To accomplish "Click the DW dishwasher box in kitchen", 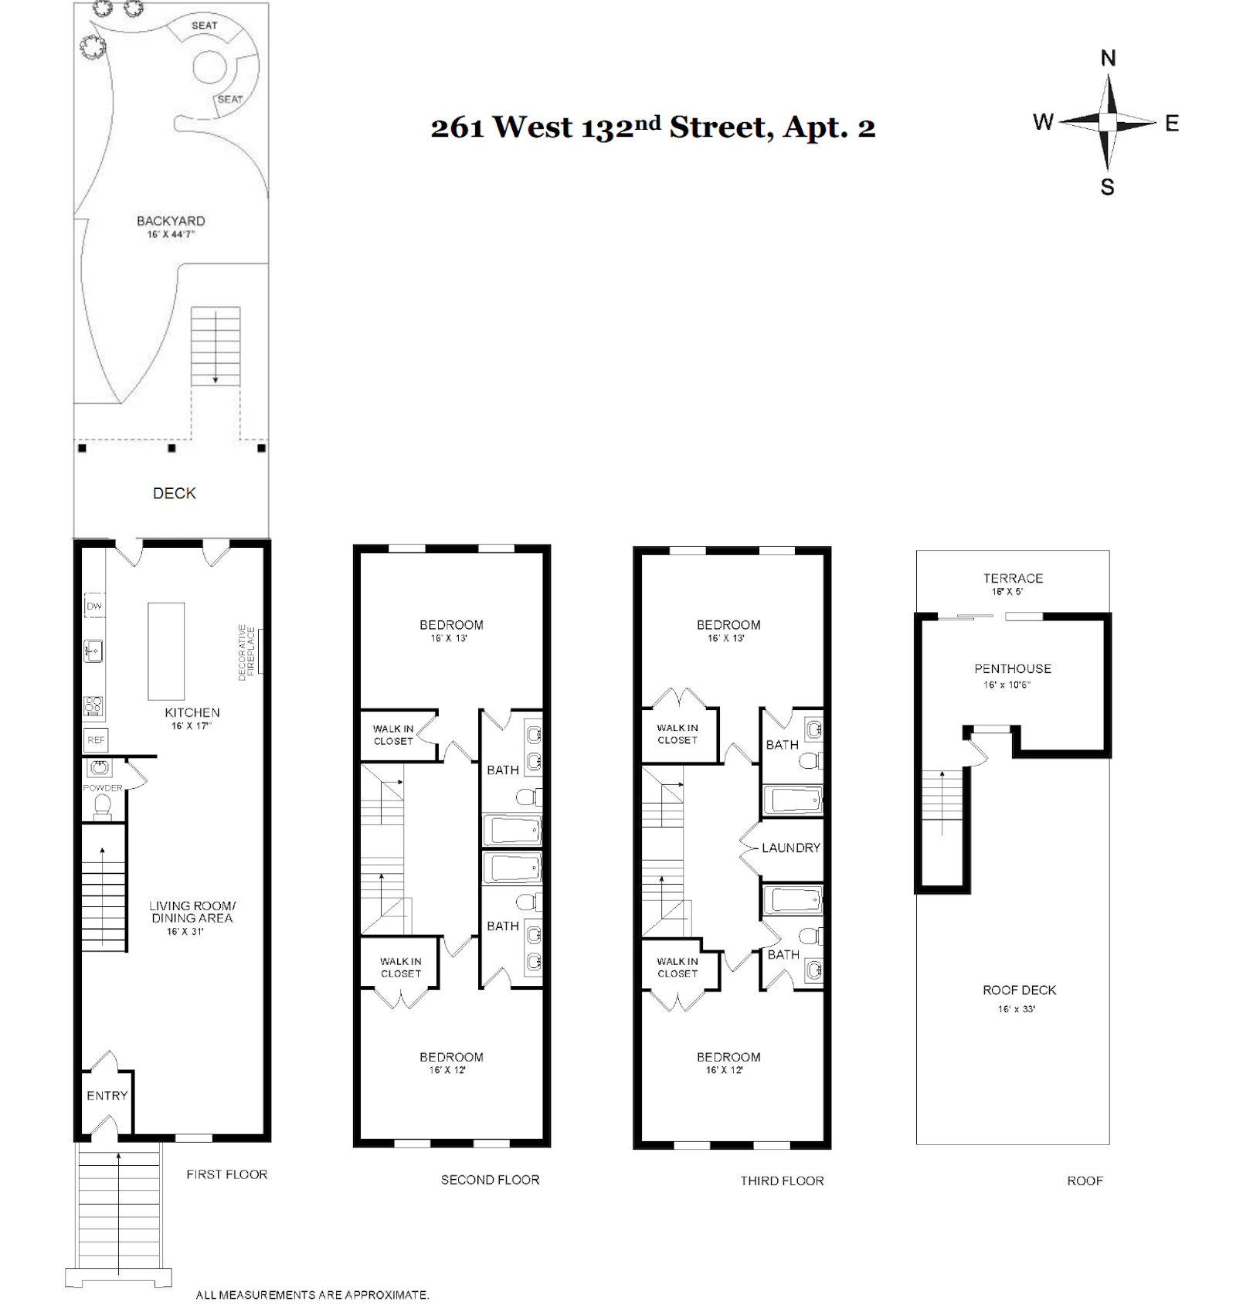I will [93, 606].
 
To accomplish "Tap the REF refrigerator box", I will [96, 739].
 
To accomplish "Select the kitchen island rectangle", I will [166, 651].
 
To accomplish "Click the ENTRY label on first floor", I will [107, 1096].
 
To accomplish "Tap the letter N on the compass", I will [1108, 59].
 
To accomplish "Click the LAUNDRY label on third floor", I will [790, 848].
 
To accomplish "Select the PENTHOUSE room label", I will [1012, 669].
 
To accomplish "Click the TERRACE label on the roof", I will [1013, 579].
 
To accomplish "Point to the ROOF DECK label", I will [1019, 991].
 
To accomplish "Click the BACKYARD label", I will [171, 221].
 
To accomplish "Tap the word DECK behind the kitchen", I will [174, 494].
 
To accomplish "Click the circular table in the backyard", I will [209, 67].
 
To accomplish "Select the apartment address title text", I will [653, 127].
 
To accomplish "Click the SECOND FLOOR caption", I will [490, 1180].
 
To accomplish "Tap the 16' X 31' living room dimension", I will [185, 932].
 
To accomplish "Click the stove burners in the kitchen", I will [93, 705].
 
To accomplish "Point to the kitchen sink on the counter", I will [93, 651].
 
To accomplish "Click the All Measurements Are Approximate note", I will [312, 1294].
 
